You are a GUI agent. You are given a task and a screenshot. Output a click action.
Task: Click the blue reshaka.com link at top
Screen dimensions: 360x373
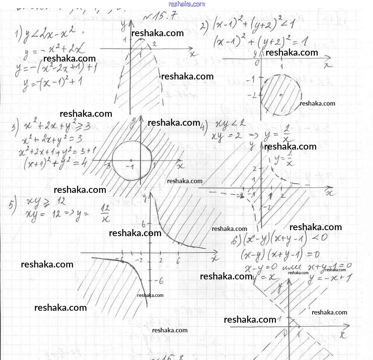pyautogui.click(x=186, y=4)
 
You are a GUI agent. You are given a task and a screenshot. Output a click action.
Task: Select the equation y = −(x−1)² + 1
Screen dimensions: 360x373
pyautogui.click(x=52, y=82)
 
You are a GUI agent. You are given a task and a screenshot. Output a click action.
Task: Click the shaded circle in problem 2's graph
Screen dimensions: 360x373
pyautogui.click(x=280, y=95)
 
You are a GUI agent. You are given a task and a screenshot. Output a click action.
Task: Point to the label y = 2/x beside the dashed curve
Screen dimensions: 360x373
pyautogui.click(x=283, y=160)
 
